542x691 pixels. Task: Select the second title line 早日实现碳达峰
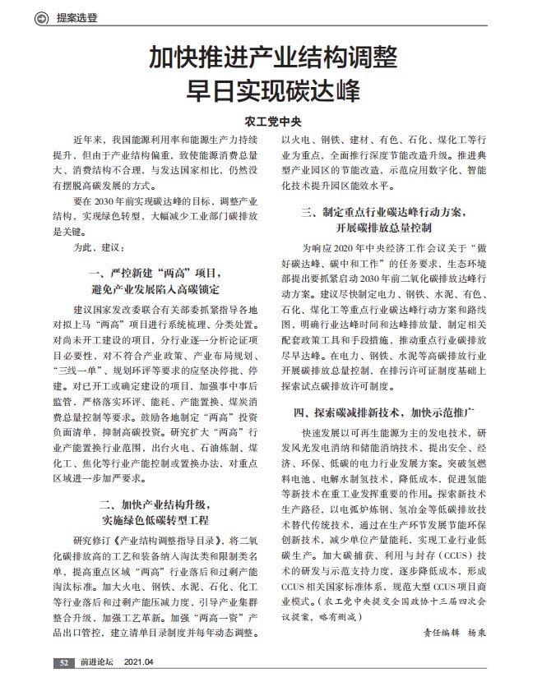[271, 89]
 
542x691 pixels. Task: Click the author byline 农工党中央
[271, 121]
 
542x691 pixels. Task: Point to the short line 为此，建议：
[98, 246]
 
